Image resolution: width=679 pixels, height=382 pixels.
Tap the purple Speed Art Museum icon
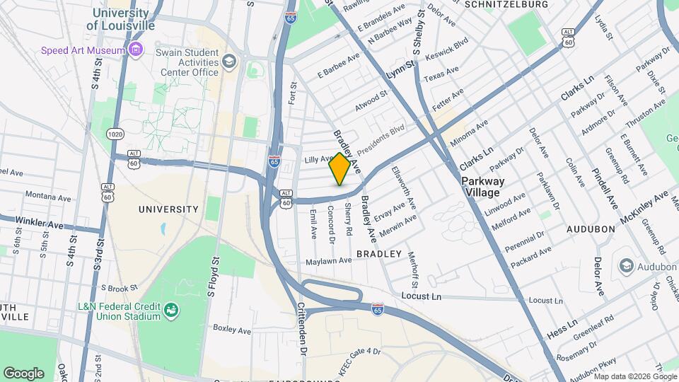tap(136, 50)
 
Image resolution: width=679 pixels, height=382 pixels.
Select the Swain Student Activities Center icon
tap(229, 62)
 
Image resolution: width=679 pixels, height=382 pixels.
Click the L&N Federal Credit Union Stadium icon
tap(170, 310)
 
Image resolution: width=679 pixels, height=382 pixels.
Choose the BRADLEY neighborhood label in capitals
tap(378, 253)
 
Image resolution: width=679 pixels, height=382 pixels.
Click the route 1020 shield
tap(115, 133)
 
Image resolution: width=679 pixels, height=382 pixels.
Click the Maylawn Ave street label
tap(328, 261)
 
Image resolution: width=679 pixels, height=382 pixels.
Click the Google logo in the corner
tap(23, 373)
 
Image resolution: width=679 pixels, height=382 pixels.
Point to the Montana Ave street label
tap(46, 195)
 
